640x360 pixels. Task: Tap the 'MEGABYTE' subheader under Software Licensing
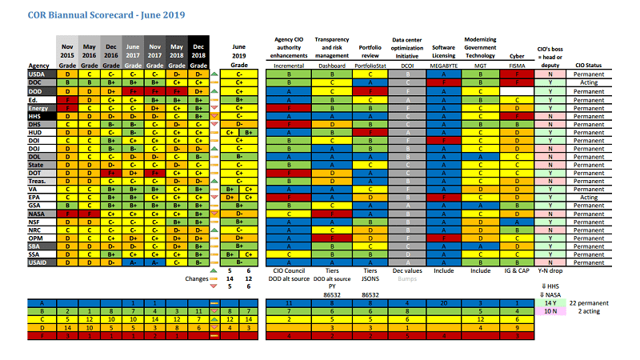(x=442, y=66)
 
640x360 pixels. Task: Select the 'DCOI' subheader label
(x=408, y=66)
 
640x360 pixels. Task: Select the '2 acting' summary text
(x=592, y=312)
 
